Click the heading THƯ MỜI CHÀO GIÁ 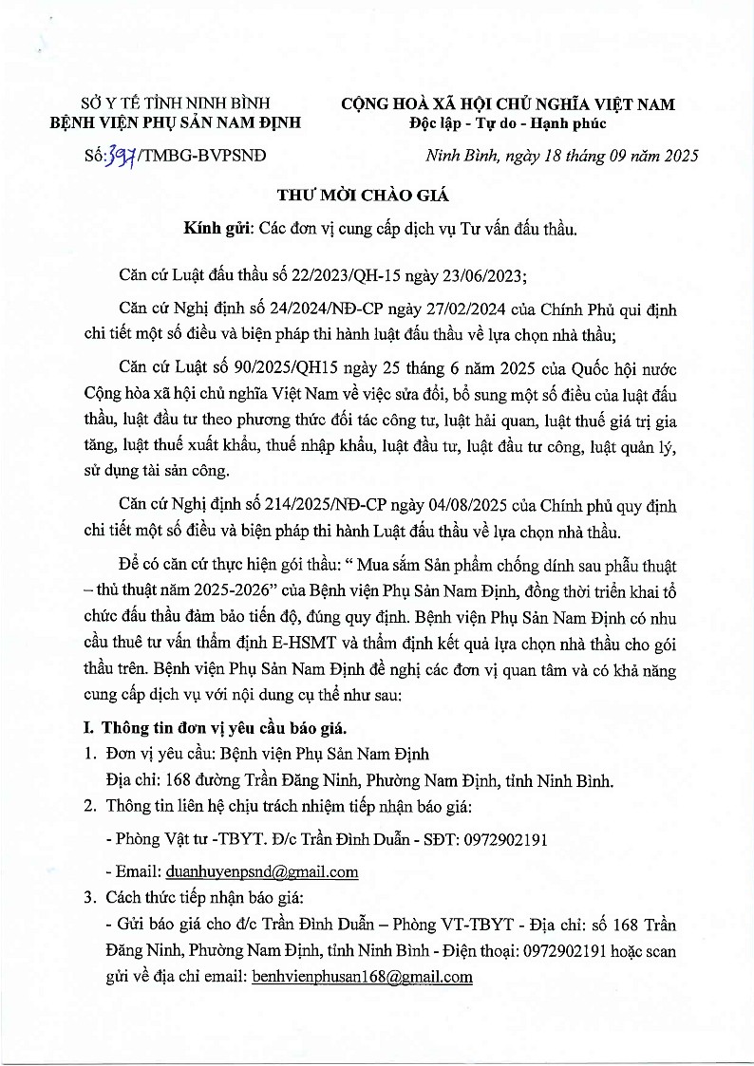(x=361, y=196)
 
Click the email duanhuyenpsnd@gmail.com (x=262, y=871)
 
